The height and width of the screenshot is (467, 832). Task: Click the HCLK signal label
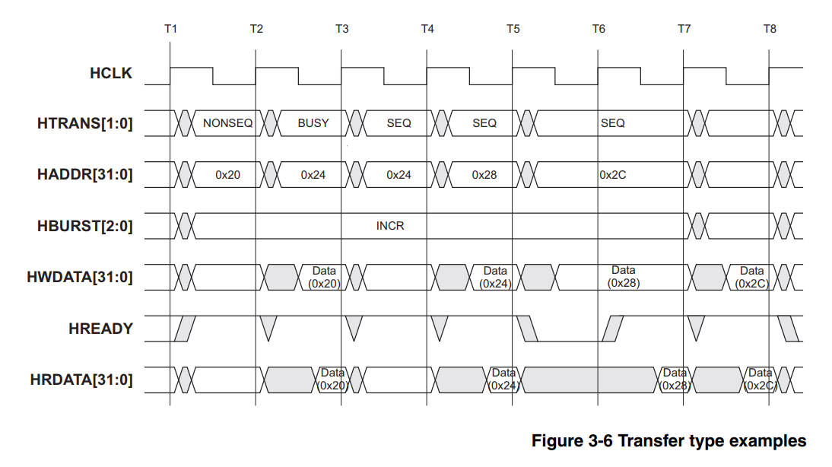(x=110, y=74)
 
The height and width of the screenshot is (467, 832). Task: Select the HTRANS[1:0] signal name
(x=84, y=122)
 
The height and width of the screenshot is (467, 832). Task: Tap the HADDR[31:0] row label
(x=84, y=174)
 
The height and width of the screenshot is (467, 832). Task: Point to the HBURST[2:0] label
(x=84, y=226)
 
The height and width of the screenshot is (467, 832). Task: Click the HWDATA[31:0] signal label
(x=80, y=277)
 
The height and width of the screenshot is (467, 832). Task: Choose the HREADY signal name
(x=100, y=329)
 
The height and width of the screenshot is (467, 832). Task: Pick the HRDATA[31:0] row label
(x=81, y=379)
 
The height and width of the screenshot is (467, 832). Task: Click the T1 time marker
(x=170, y=29)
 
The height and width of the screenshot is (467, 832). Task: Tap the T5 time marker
(x=513, y=29)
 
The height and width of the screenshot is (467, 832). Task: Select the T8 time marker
(x=770, y=29)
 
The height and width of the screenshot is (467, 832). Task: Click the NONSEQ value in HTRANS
(x=227, y=123)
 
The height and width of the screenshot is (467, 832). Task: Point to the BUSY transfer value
(x=313, y=123)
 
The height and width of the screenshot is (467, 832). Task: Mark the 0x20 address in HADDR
(x=227, y=175)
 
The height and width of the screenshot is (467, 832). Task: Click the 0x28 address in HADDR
(x=484, y=175)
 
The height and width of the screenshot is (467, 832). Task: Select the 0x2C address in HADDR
(x=612, y=175)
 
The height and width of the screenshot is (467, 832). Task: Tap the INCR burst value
(x=390, y=226)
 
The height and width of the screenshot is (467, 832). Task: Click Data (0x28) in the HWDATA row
(x=623, y=277)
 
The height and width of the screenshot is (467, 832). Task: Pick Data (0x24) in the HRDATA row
(x=503, y=379)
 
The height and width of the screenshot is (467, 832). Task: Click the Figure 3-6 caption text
(x=668, y=440)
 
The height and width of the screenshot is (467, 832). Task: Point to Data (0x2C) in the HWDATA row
(x=751, y=277)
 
